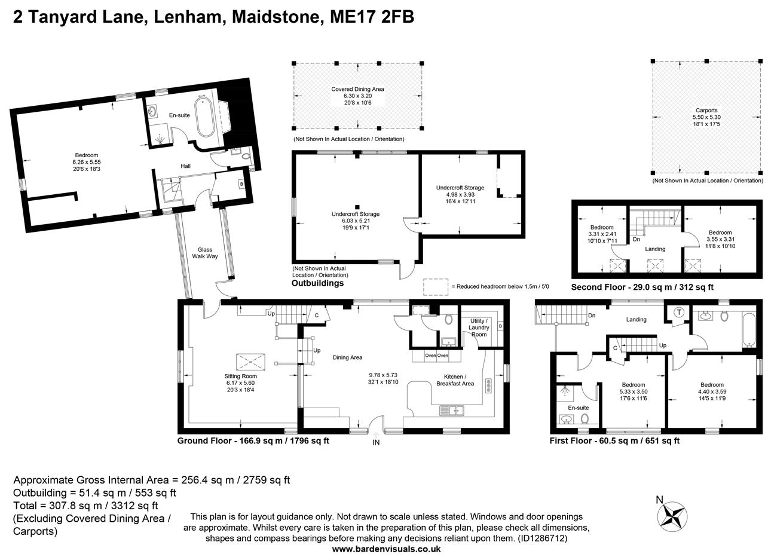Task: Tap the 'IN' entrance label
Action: [376, 442]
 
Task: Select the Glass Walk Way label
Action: [204, 253]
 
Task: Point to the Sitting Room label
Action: [240, 377]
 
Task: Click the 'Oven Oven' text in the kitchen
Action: [436, 356]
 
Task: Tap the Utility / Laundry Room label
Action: [479, 328]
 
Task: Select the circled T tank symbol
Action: [680, 312]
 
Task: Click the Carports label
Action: [706, 111]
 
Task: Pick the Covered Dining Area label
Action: [357, 89]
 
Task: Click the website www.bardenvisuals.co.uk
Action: [386, 549]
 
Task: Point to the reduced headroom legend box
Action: [436, 287]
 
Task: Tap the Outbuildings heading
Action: [317, 283]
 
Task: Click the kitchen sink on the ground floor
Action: [452, 411]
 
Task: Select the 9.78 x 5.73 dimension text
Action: [383, 375]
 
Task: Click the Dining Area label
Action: [347, 357]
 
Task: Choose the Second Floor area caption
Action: [642, 287]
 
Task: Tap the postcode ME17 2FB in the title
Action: [372, 17]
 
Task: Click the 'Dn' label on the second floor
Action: [636, 239]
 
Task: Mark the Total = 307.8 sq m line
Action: [85, 506]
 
